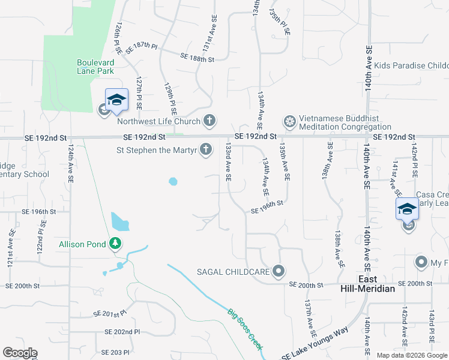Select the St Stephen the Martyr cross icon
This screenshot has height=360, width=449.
coord(206,149)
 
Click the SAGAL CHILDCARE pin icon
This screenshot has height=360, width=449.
coord(278,272)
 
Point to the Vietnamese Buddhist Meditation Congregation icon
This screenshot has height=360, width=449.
coord(290,122)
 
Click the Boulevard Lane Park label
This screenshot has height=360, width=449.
coord(95,67)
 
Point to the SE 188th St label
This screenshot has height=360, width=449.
coord(197,58)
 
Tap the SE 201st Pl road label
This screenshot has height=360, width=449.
coord(110,314)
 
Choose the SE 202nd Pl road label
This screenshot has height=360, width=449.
coord(122,331)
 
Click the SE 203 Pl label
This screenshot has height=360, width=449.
coord(115,352)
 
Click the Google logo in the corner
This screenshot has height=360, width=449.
coord(20,353)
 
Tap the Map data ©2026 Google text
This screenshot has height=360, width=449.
coord(411,355)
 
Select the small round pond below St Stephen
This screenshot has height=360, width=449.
coord(173,181)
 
